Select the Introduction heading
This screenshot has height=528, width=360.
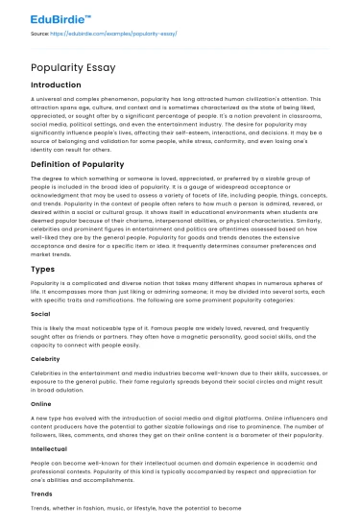pos(56,84)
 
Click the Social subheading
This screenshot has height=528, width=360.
pos(40,313)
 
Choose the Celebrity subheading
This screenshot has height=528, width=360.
pos(46,359)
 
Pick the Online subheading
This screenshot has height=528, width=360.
pos(41,405)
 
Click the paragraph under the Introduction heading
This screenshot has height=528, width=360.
pos(179,125)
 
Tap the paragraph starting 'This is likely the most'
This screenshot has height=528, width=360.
pos(179,336)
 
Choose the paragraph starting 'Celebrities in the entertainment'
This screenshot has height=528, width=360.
pos(179,382)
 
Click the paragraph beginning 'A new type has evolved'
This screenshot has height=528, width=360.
pos(179,428)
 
